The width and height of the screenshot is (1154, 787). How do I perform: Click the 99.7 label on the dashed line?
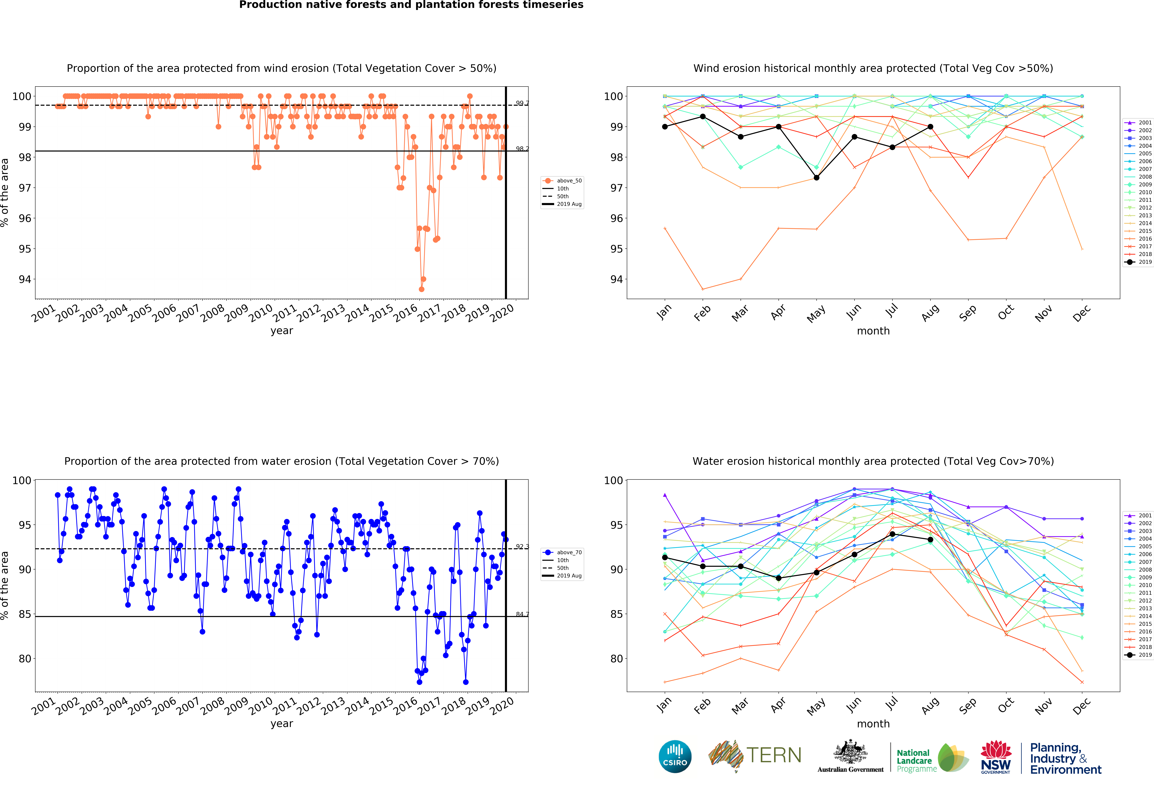[x=522, y=103]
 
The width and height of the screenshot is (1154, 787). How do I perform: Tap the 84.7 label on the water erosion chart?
[x=522, y=615]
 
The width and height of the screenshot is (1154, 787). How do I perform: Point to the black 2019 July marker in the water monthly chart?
[x=892, y=534]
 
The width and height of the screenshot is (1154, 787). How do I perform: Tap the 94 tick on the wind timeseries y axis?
[x=25, y=279]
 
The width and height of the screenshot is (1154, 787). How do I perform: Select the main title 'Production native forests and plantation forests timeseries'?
[x=411, y=5]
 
